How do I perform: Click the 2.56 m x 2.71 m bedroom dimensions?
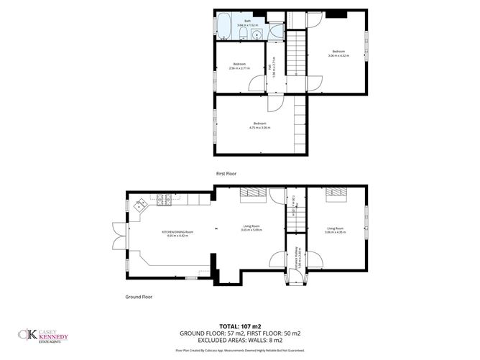pos(239,68)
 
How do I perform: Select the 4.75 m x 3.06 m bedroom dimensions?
pos(259,127)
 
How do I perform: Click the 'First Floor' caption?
pos(226,174)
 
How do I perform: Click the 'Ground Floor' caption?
pos(140,296)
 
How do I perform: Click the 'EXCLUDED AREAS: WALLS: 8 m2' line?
pos(239,340)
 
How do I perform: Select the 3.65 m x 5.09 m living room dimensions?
pos(252,230)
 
